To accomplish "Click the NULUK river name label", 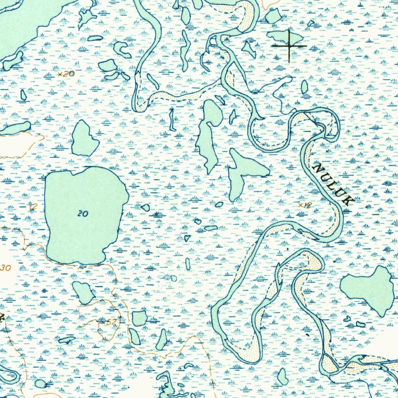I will pos(333,184).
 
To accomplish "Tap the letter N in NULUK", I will pos(318,168).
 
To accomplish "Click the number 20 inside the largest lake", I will pos(83,213).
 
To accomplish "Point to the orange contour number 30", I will pos(6,268).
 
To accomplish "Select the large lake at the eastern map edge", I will pos(369,288).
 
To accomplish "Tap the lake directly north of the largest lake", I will pos(84,138).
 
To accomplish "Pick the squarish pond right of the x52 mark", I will pos(140,318).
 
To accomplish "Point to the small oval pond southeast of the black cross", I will pos(304,87).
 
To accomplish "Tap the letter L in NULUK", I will pos(333,184).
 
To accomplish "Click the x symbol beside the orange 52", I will pos(103,322).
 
